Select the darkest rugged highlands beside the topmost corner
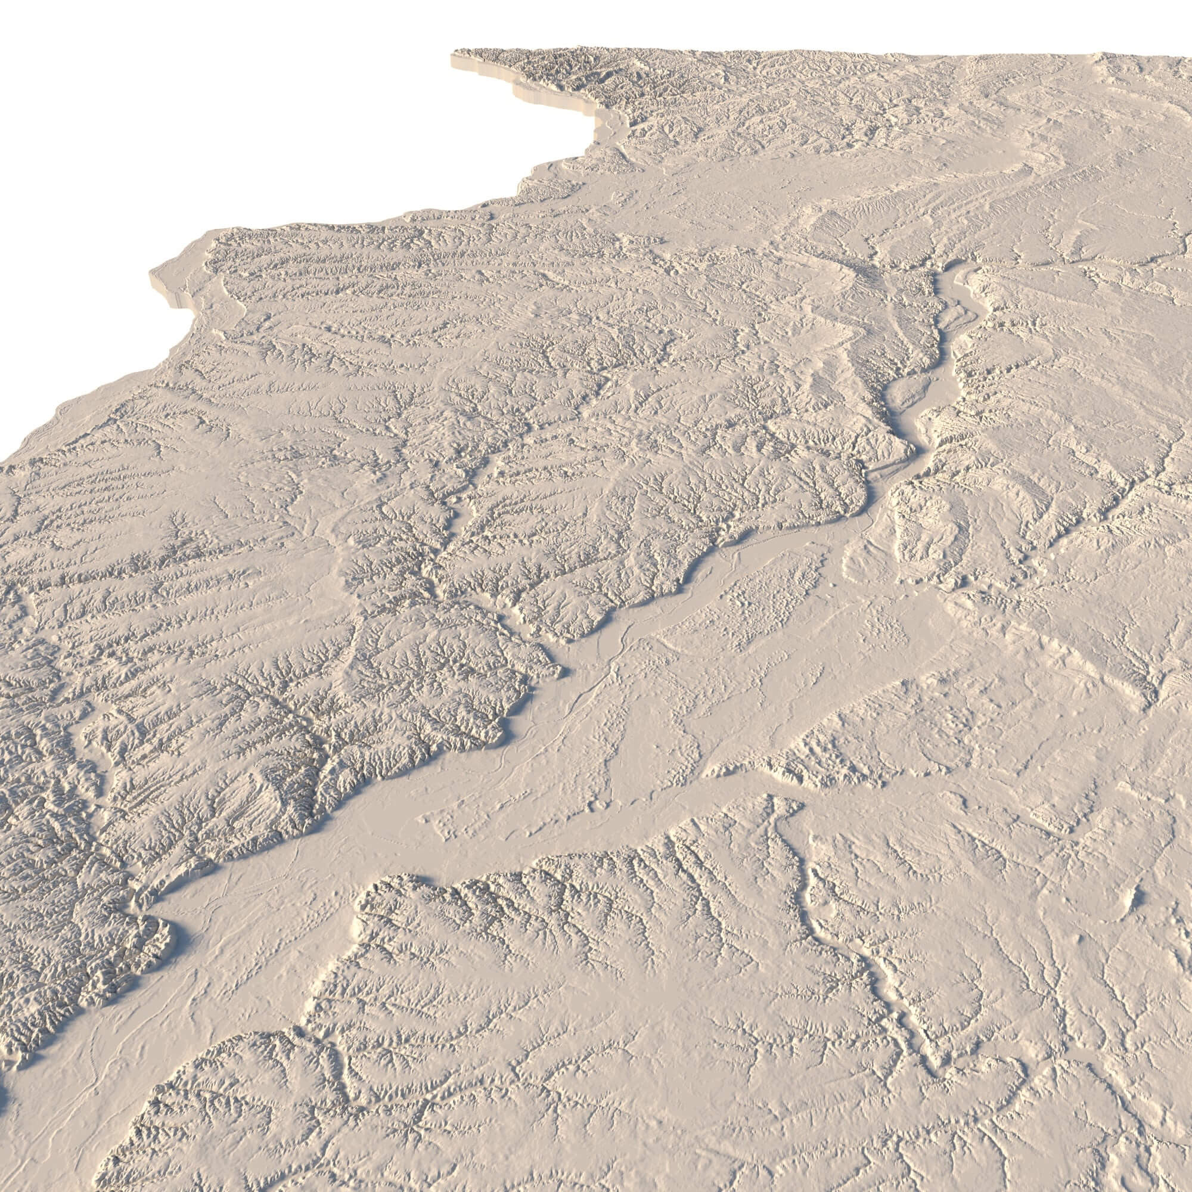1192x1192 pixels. pos(555,68)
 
